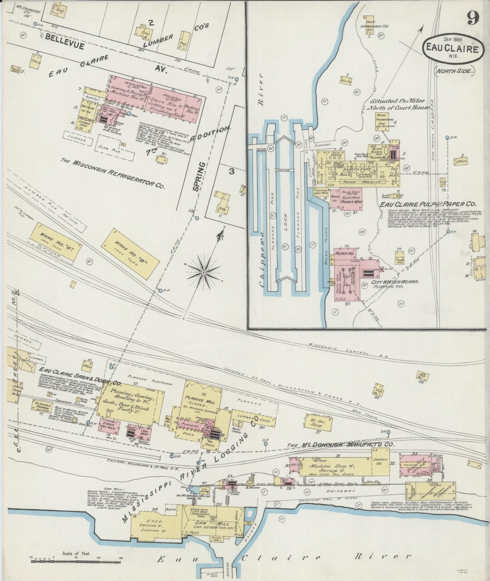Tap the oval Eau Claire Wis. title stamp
pos(451,49)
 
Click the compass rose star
pos(203,273)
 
